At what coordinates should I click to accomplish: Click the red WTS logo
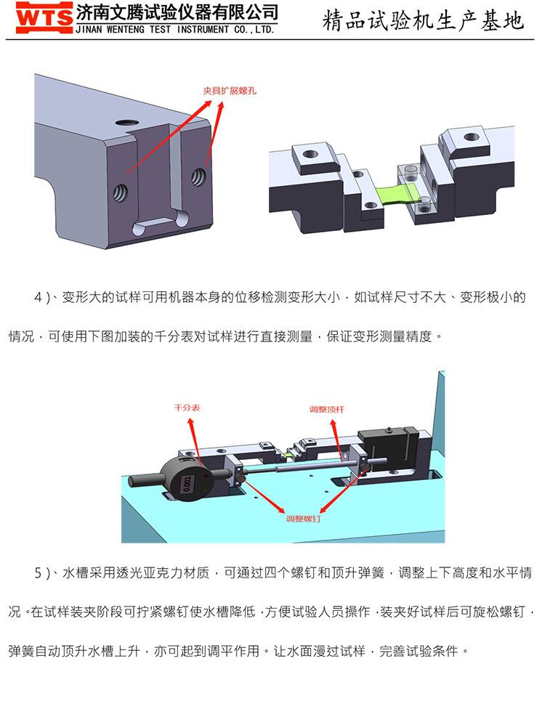point(44,17)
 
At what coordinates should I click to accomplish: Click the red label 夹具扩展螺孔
point(230,91)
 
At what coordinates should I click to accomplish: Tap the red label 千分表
point(187,408)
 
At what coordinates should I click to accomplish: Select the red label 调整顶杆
point(327,409)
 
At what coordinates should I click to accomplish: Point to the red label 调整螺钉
point(303,519)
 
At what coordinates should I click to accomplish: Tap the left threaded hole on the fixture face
point(120,193)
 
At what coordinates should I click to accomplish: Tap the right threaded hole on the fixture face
point(198,177)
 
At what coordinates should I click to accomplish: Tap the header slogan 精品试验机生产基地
point(422,21)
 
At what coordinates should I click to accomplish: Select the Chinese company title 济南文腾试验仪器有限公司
point(177,12)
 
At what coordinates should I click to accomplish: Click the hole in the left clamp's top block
point(310,154)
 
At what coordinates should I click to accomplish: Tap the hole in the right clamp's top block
point(470,137)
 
